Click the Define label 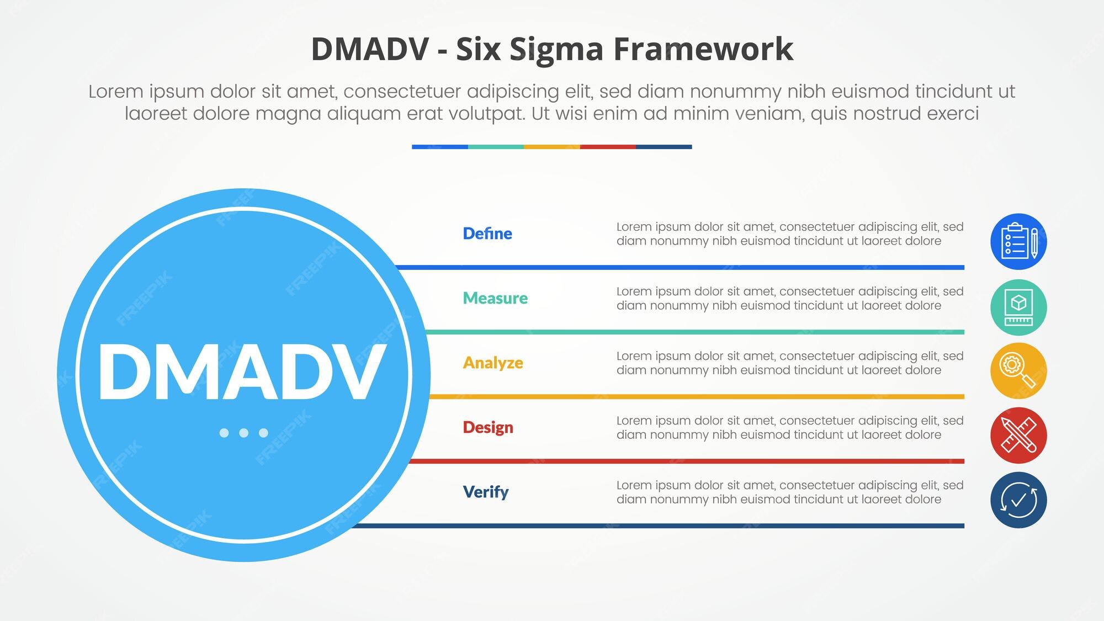[x=487, y=233]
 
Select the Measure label [x=495, y=298]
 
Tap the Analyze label [x=493, y=363]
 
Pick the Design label [x=488, y=428]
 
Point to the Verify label [x=486, y=492]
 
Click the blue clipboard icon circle [x=1018, y=241]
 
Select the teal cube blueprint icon [x=1018, y=307]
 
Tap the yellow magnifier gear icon [x=1018, y=371]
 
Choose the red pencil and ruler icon [x=1018, y=436]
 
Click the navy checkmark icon [x=1018, y=500]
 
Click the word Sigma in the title [x=556, y=50]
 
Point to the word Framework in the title [x=704, y=49]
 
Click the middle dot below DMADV [x=243, y=433]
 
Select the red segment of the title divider [x=608, y=147]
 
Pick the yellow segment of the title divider [x=551, y=147]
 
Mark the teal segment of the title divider [x=496, y=147]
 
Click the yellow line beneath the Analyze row [x=697, y=397]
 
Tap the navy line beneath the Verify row [x=657, y=526]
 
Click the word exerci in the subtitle [x=953, y=114]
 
